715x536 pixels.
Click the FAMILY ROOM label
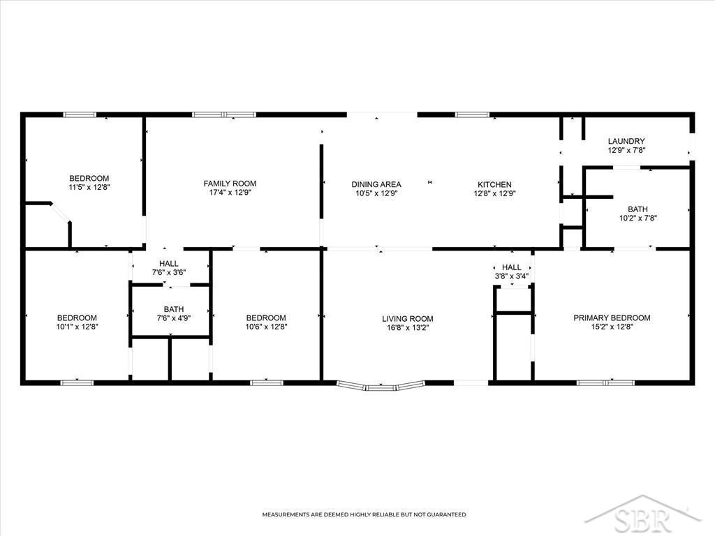click(230, 184)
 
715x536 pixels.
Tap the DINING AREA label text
click(376, 184)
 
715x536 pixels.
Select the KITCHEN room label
click(495, 184)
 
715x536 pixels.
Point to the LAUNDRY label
click(626, 141)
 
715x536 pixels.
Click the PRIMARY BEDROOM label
click(612, 318)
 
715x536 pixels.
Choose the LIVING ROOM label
click(408, 318)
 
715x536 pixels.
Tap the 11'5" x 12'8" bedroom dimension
click(90, 187)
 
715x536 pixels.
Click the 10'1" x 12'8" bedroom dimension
click(77, 327)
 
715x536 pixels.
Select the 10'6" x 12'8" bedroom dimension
click(266, 327)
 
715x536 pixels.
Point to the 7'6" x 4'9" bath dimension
click(174, 318)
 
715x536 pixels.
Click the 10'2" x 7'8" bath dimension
click(638, 218)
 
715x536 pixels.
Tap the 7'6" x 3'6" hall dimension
click(169, 273)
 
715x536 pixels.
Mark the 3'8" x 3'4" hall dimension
click(512, 276)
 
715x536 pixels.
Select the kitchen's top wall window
click(472, 115)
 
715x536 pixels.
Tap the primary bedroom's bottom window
click(605, 383)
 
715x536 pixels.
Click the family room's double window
click(224, 115)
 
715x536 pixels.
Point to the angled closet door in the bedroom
click(60, 213)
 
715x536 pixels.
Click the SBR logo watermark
click(643, 516)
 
